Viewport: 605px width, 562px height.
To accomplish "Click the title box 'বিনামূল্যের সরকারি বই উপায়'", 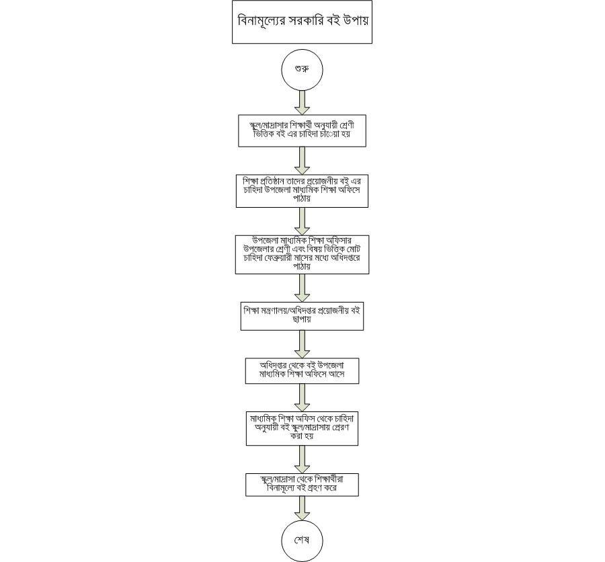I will (302, 22).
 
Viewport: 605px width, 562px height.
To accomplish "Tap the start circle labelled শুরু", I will (302, 70).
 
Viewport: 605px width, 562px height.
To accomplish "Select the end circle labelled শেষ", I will (302, 540).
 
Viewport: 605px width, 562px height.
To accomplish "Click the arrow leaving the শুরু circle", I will (302, 102).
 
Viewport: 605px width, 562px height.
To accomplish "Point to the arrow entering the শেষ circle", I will (302, 507).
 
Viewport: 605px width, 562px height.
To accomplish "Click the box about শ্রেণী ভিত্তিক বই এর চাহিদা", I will (302, 130).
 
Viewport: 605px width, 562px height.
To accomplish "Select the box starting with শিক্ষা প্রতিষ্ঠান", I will (302, 192).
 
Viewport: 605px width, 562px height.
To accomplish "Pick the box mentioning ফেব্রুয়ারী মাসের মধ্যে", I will (302, 254).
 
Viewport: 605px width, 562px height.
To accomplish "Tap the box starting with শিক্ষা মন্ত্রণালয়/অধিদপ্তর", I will (302, 317).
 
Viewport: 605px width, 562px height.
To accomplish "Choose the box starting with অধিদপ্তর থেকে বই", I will (302, 369).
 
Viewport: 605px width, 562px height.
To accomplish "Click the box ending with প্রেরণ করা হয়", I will (302, 427).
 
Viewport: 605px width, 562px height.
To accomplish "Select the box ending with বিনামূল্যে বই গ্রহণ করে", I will (302, 484).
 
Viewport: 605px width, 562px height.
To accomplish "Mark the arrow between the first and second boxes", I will (302, 161).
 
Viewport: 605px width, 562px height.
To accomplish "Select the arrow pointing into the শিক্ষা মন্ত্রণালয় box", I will (302, 288).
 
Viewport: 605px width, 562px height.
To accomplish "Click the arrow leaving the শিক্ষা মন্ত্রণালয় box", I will (302, 344).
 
